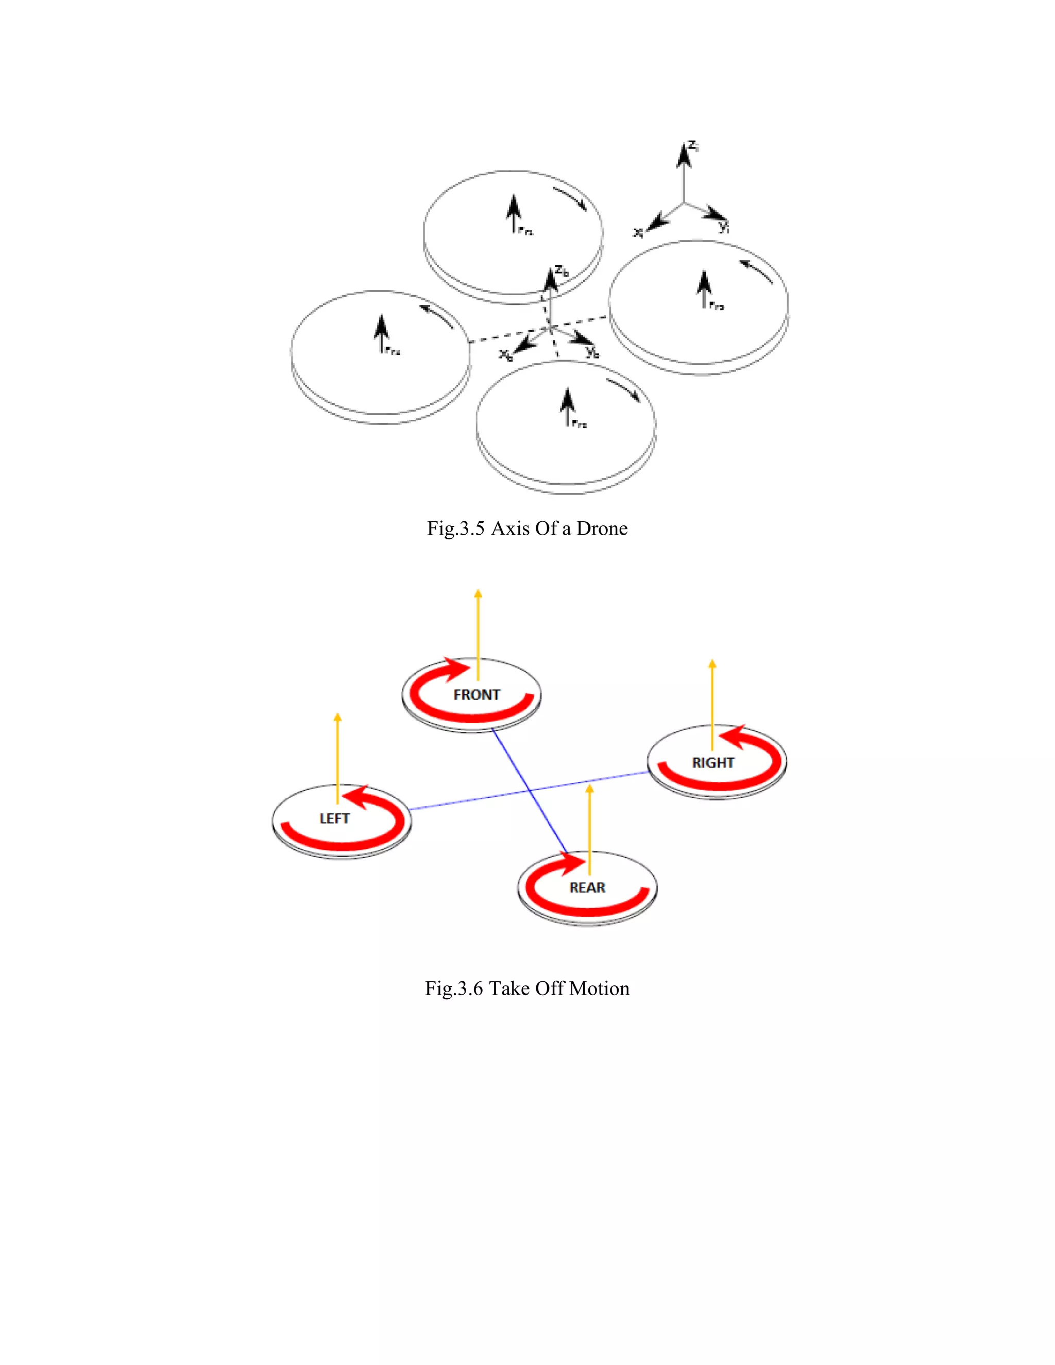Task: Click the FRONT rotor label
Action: [x=477, y=695]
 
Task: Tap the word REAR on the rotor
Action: [x=587, y=888]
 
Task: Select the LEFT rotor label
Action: [x=334, y=819]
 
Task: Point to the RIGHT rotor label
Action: [x=712, y=763]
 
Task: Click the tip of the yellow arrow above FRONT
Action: [x=478, y=591]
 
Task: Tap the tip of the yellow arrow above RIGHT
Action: [x=712, y=662]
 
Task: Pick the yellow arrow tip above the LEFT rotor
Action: [x=337, y=715]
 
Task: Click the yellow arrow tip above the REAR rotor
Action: [x=589, y=788]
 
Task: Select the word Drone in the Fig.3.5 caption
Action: [x=602, y=529]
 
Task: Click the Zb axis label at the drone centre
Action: [x=562, y=271]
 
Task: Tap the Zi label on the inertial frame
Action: [x=694, y=146]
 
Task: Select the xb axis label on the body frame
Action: [x=506, y=355]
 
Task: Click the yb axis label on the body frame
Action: [x=592, y=352]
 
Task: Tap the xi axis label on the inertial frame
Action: [x=638, y=232]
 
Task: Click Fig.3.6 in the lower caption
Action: [x=454, y=989]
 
